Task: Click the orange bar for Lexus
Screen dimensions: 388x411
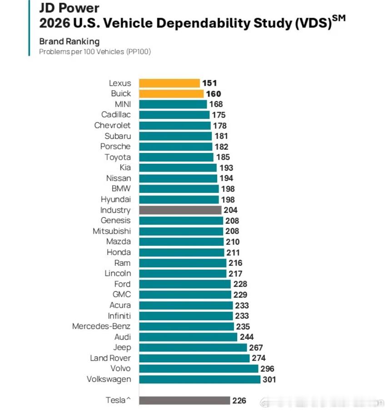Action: (x=169, y=83)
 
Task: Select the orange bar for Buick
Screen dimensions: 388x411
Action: (x=171, y=94)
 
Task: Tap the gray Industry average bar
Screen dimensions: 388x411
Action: (x=180, y=210)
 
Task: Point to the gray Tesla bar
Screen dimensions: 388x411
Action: (x=184, y=400)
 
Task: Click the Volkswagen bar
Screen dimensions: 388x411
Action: (x=200, y=379)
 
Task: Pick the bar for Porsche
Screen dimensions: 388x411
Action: (x=176, y=147)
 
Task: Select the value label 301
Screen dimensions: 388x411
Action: (x=269, y=380)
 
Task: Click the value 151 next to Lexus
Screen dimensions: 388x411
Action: (x=209, y=83)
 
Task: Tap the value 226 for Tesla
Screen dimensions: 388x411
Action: (x=239, y=401)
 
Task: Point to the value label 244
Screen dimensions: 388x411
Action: (x=247, y=337)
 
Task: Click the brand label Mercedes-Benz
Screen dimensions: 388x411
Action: (x=101, y=326)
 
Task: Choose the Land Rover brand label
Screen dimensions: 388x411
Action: (x=110, y=358)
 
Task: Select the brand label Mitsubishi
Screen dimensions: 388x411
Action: (x=112, y=231)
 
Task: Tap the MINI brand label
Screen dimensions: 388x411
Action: (x=123, y=104)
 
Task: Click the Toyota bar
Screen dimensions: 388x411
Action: (x=176, y=157)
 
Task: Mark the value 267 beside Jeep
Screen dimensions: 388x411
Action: (x=256, y=347)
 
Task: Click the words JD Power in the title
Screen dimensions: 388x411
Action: (x=70, y=8)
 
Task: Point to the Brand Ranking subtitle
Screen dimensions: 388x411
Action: (x=70, y=41)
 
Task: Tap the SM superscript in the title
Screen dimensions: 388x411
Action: (x=338, y=18)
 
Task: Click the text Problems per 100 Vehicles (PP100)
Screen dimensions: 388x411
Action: (x=95, y=52)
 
